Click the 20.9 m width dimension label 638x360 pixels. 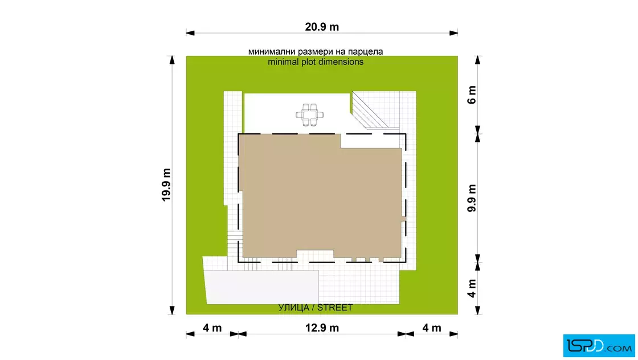(x=322, y=27)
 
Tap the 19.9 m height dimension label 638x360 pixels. (x=166, y=185)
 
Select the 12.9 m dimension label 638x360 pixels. (x=322, y=328)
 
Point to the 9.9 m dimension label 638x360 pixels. (x=472, y=198)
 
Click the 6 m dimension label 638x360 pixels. (x=472, y=95)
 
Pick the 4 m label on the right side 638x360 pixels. (x=472, y=288)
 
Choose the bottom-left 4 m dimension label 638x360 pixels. (x=212, y=328)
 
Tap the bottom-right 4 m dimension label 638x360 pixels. (x=432, y=328)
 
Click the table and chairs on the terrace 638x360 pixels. (x=310, y=114)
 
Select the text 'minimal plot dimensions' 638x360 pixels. (x=316, y=62)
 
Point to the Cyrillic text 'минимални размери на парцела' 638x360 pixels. (x=316, y=52)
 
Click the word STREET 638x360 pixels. (x=335, y=308)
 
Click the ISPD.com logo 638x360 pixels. (x=599, y=346)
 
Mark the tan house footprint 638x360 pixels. (x=321, y=199)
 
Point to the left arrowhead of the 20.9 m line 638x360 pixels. (x=190, y=33)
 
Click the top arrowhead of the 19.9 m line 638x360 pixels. (x=172, y=60)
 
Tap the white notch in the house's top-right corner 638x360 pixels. (x=371, y=141)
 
